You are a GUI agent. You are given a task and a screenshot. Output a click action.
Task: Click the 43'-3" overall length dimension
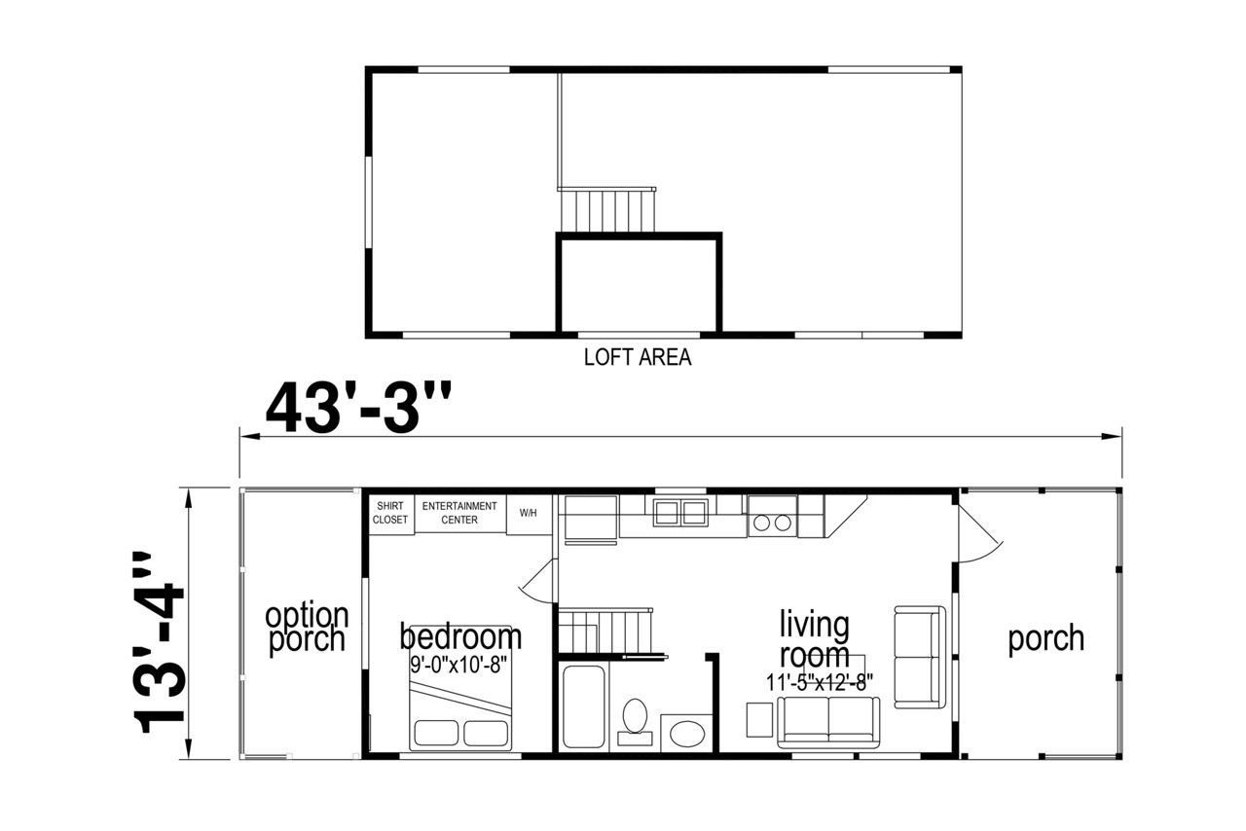tap(358, 407)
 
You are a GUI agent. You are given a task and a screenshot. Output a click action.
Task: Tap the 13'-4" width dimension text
tap(158, 642)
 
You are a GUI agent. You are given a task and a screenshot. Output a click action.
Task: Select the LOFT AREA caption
tap(638, 357)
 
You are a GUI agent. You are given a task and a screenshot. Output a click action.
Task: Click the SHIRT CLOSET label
tap(390, 513)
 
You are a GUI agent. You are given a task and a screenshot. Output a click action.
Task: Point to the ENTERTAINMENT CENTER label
tap(459, 513)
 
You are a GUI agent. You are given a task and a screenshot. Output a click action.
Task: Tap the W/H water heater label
tap(529, 513)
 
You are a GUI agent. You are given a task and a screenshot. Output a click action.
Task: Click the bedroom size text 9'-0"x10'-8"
tap(458, 665)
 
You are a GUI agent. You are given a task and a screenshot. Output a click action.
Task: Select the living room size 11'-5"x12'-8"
tap(820, 682)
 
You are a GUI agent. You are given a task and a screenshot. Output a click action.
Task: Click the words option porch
tap(307, 628)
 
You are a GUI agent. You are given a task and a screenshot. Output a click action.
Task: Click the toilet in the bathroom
tap(635, 721)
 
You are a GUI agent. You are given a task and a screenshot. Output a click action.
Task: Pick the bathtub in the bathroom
tap(583, 706)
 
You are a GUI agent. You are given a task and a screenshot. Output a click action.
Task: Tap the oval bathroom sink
tap(687, 734)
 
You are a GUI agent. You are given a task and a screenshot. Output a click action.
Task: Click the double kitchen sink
tap(680, 512)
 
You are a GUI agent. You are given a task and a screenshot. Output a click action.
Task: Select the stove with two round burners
tap(773, 517)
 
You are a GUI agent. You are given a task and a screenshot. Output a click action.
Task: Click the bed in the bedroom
tap(460, 688)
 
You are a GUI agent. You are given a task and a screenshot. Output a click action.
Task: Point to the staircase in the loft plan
tap(606, 209)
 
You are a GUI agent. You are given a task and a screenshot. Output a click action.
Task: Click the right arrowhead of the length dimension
tap(1112, 436)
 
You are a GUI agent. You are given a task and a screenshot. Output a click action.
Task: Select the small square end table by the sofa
tap(759, 719)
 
